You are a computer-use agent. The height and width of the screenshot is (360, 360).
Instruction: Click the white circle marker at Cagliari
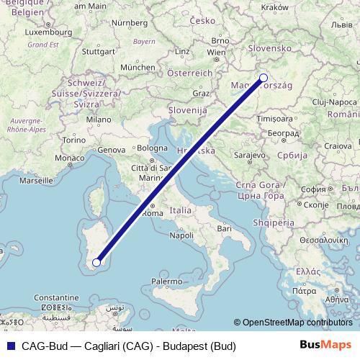coord(96,263)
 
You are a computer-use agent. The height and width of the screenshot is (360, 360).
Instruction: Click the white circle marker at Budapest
coord(263,78)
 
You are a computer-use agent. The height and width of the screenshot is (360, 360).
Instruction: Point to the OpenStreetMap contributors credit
coord(297,323)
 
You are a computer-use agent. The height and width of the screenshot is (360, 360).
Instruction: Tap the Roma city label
coord(153,213)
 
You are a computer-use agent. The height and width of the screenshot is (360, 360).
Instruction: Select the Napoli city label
coord(182,235)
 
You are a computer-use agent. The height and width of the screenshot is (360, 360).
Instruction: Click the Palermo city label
coord(166,279)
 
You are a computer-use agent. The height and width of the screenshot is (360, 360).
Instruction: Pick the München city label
coord(138,67)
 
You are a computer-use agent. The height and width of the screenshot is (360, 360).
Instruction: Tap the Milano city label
coord(99,119)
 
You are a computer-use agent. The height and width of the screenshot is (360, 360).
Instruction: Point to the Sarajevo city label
coord(252,155)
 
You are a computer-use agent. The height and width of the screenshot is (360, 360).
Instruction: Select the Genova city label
coord(112,149)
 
